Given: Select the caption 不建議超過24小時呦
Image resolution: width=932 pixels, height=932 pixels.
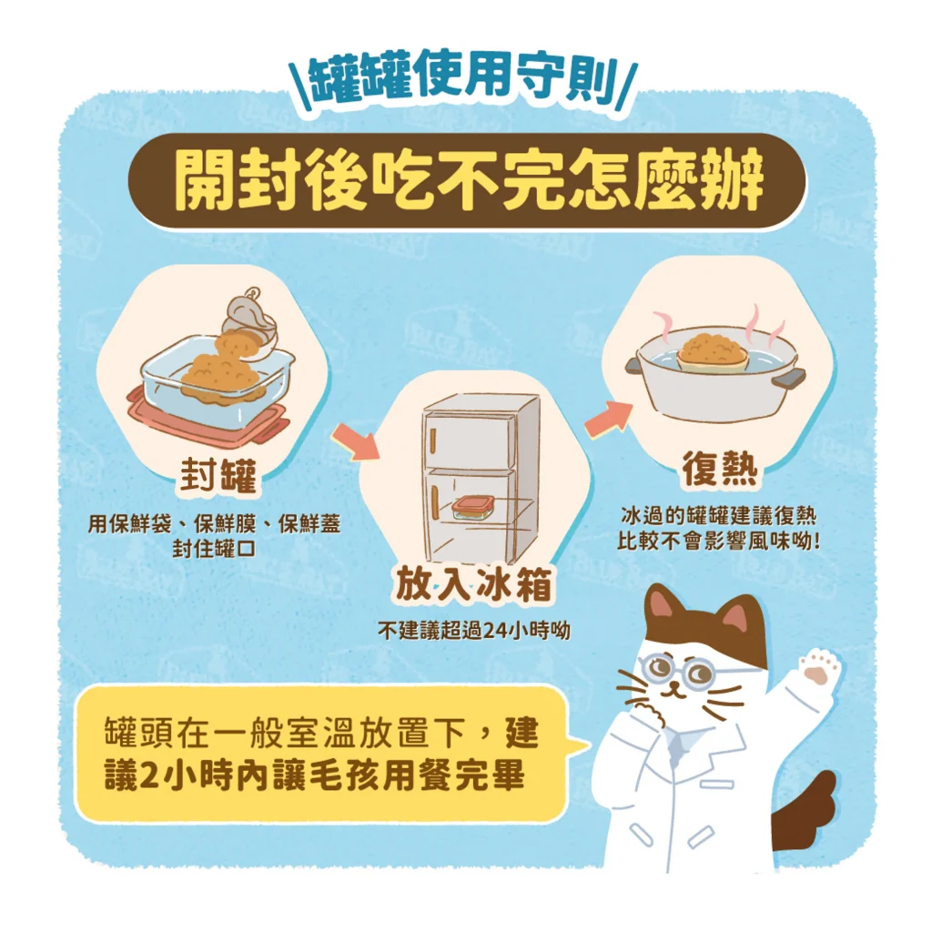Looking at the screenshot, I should pos(473,630).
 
